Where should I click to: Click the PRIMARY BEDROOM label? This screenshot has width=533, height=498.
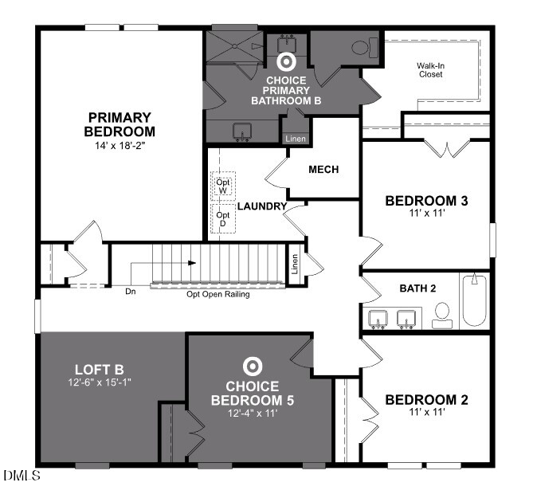[x=121, y=124]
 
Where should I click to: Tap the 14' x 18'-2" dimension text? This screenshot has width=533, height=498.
[x=121, y=146]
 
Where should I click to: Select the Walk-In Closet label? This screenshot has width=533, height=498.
[x=430, y=70]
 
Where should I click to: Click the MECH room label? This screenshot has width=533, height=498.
[x=323, y=170]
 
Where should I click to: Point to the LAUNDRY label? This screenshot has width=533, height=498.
[x=261, y=206]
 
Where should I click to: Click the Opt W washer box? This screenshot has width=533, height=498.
[x=223, y=186]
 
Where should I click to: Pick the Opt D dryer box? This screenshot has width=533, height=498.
[x=223, y=218]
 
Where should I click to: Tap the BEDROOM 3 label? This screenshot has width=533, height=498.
[x=425, y=200]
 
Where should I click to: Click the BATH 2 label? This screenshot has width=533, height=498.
[x=417, y=288]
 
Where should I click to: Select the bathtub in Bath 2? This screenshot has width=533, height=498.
[x=474, y=300]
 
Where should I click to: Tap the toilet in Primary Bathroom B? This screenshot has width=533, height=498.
[x=361, y=48]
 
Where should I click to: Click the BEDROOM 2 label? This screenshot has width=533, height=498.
[x=426, y=399]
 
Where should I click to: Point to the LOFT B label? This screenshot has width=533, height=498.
[x=99, y=369]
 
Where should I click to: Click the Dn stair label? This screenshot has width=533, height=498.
[x=131, y=291]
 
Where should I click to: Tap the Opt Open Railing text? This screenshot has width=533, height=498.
[x=218, y=294]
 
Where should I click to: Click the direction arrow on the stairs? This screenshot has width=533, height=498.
[x=192, y=261]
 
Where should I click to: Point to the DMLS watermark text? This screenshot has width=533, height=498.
[x=21, y=476]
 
